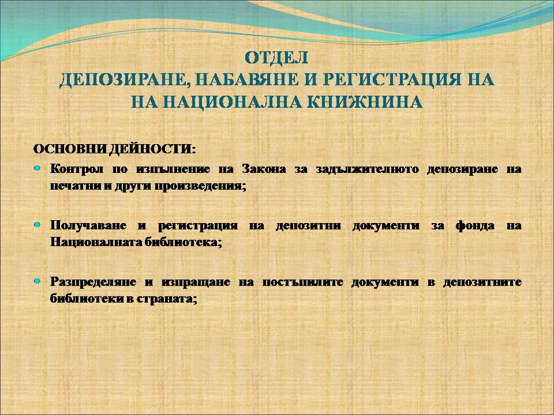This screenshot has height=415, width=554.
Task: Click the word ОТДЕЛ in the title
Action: pos(276,58)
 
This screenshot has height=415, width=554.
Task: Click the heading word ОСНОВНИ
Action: pos(70,149)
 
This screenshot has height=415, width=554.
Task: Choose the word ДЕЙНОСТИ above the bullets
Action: pos(152,149)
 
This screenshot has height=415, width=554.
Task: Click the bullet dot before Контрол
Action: pos(38,168)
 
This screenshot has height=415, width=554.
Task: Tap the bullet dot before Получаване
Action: pos(38,224)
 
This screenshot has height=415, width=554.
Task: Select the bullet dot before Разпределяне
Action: pos(38,281)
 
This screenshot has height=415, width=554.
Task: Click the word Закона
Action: pos(264,169)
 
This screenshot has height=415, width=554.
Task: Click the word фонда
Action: pos(475,225)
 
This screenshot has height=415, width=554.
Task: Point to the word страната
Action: pos(166,299)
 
